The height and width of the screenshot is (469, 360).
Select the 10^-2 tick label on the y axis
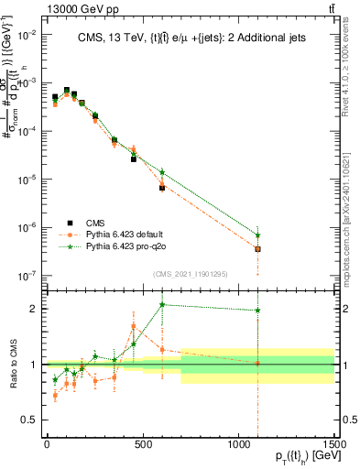pos(27,34)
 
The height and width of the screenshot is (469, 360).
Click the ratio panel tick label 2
pos(32,309)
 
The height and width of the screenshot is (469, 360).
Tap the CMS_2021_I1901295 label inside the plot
pos(190,274)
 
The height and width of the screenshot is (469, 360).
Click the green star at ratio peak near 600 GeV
pos(162,305)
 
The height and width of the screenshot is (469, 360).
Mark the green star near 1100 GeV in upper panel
pos(258,234)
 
